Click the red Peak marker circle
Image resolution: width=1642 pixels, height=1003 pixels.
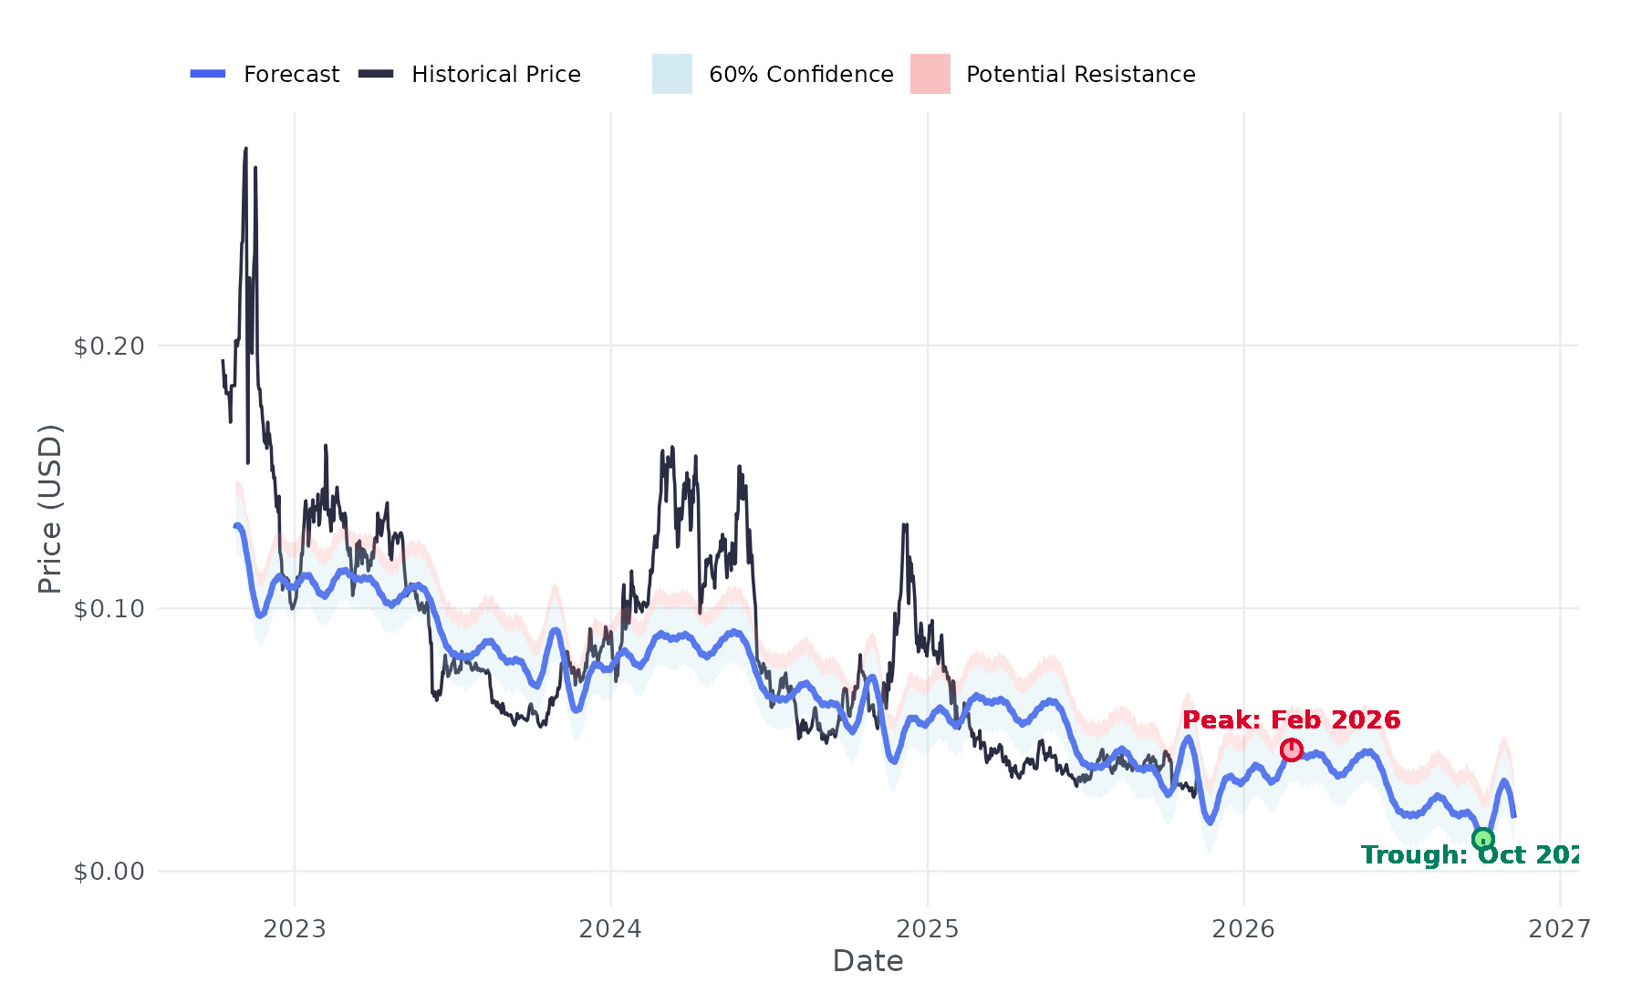coord(1291,750)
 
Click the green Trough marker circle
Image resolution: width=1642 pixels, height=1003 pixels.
coord(1482,839)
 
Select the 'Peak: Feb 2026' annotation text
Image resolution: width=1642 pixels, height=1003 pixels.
coord(1291,720)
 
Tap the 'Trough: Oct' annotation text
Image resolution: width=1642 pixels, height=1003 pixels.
coord(1469,855)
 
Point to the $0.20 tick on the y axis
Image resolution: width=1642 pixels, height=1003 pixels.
coord(109,346)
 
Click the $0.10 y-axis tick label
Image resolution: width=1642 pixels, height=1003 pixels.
coord(109,609)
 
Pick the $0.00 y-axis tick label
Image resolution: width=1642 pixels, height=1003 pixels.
coord(109,872)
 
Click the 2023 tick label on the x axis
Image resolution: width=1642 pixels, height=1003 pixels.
coord(294,929)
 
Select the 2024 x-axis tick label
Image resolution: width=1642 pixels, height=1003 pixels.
coord(610,929)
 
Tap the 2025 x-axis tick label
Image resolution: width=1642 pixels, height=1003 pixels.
coord(927,929)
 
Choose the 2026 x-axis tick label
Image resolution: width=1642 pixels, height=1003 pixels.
coord(1242,929)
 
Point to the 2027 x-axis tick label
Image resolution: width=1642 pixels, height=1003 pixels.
coord(1559,929)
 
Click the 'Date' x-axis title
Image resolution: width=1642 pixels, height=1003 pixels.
coord(868,962)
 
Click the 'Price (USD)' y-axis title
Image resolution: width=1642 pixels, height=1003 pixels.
coord(50,508)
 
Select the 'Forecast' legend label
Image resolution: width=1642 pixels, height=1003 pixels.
coord(291,75)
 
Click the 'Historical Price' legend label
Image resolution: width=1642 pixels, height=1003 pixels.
coord(495,75)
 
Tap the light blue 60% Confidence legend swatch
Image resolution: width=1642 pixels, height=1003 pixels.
coord(671,74)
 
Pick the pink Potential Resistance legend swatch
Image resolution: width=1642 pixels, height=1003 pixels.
coord(930,74)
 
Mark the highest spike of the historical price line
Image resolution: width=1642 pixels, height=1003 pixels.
coord(245,150)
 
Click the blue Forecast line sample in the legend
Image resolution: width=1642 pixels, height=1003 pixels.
coord(208,74)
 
